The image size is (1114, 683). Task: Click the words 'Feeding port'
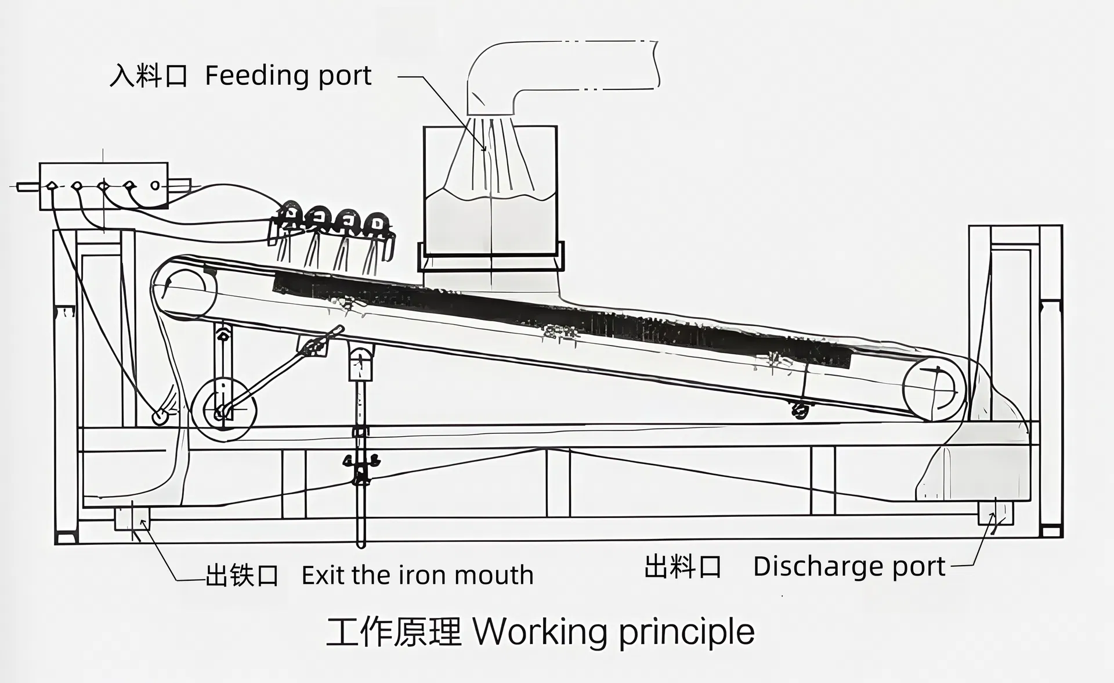[x=288, y=76]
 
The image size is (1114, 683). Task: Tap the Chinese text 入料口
[x=149, y=76]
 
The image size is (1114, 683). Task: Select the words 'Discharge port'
[x=849, y=566]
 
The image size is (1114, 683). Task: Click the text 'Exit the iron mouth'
[x=417, y=576]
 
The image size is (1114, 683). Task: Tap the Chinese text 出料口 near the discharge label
[x=682, y=566]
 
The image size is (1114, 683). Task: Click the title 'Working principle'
[x=614, y=632]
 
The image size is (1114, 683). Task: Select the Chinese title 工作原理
[x=393, y=632]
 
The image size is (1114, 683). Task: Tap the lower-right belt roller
[x=934, y=388]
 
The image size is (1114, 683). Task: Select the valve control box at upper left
[x=103, y=186]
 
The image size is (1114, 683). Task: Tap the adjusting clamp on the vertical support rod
[x=361, y=465]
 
